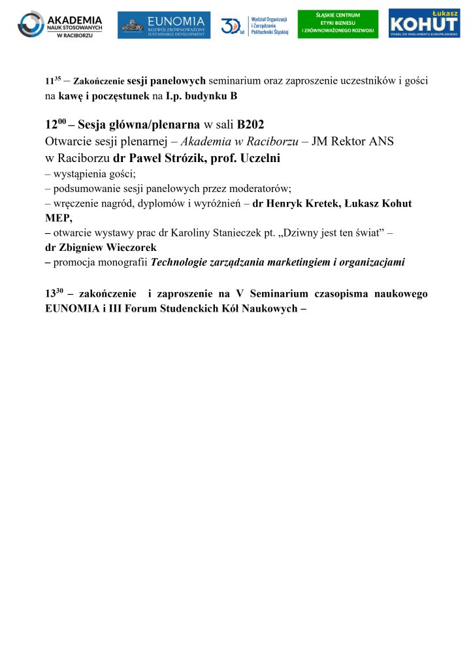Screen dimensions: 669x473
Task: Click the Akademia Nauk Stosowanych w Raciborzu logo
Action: pyautogui.click(x=59, y=24)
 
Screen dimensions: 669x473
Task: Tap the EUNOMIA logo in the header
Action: pyautogui.click(x=164, y=25)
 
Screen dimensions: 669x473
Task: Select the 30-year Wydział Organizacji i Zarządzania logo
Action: pyautogui.click(x=254, y=25)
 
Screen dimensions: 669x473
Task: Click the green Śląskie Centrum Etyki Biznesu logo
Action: pyautogui.click(x=337, y=24)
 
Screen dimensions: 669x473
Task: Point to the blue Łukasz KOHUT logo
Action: pyautogui.click(x=424, y=24)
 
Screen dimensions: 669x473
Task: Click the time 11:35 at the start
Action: pyautogui.click(x=54, y=81)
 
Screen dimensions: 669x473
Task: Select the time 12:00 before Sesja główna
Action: pyautogui.click(x=57, y=123)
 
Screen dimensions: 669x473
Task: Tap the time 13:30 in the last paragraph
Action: pyautogui.click(x=56, y=293)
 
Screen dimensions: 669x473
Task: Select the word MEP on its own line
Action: pyautogui.click(x=57, y=218)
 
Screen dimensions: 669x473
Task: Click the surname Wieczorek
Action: pyautogui.click(x=125, y=248)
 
